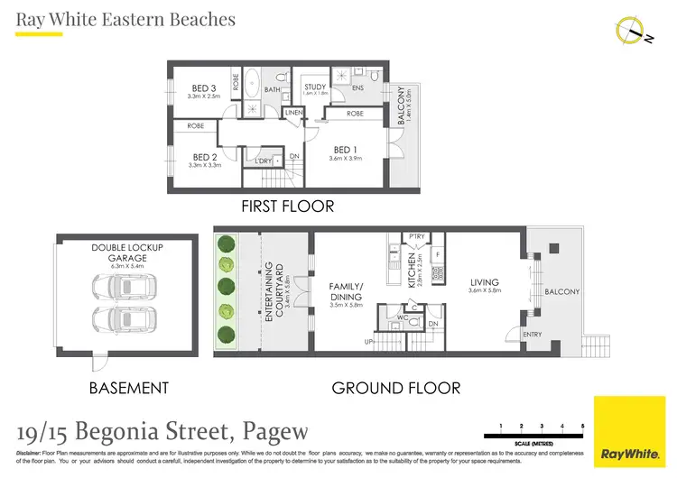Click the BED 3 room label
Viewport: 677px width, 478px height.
coord(204,88)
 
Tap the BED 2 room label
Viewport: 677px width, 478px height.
coord(204,157)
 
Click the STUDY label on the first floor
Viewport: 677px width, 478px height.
coord(314,87)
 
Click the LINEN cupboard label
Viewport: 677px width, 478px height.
coord(293,112)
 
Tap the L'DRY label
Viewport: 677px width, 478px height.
coord(264,161)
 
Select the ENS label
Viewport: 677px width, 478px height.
coord(357,88)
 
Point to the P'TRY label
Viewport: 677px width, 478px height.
coord(416,237)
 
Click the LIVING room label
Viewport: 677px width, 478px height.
coord(484,282)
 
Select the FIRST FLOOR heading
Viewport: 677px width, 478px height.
coord(287,207)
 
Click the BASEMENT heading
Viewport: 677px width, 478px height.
coord(128,389)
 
